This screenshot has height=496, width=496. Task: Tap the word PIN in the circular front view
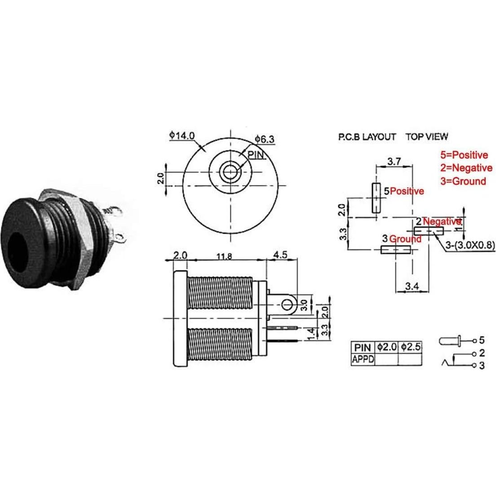pos(256,155)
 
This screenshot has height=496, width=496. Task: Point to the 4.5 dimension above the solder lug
pos(280,255)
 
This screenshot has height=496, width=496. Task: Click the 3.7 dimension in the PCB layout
pos(394,161)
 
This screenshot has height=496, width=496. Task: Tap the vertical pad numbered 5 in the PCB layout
pos(374,198)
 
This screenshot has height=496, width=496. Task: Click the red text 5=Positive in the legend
pos(464,155)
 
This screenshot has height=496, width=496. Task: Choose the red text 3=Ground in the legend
pos(463,182)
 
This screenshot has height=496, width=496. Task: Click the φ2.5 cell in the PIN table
pos(410,347)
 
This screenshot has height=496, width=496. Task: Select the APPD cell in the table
pos(362,359)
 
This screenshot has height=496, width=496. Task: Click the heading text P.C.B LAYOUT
pos(367,137)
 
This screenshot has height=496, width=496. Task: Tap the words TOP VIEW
pos(427,137)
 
